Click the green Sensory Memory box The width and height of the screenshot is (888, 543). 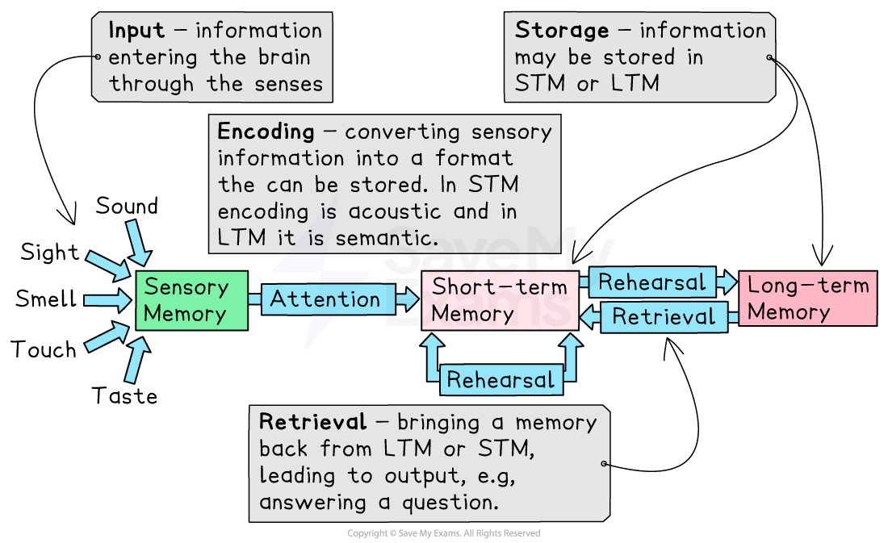191,300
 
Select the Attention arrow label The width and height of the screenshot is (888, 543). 325,299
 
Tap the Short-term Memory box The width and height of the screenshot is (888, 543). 500,300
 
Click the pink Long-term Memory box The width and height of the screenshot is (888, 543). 808,298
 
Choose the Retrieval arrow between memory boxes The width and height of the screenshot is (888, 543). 664,317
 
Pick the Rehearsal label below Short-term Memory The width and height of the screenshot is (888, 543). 501,380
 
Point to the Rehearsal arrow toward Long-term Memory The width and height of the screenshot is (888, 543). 652,282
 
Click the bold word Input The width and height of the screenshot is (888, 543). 136,31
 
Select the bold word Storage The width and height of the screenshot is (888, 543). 562,31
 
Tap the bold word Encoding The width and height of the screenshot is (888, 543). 266,132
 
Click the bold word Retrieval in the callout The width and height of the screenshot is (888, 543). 312,422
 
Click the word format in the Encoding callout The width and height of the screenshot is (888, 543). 474,158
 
